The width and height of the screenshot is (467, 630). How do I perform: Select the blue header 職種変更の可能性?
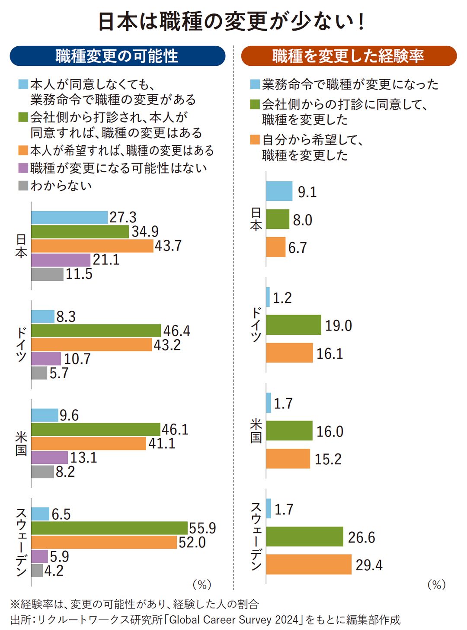coord(117,56)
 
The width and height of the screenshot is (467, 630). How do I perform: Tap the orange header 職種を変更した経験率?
coord(349,56)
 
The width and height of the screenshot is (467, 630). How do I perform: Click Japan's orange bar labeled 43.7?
coord(92,246)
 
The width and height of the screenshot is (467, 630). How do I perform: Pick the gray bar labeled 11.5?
coord(47,274)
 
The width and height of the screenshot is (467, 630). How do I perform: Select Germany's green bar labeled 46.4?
coord(96,331)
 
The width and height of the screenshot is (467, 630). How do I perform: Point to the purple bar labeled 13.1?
coord(49,457)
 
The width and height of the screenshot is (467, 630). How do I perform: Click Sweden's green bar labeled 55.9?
coord(109,528)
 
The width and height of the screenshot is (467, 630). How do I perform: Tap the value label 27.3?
coord(123,217)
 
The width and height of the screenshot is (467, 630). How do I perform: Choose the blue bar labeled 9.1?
coord(279,191)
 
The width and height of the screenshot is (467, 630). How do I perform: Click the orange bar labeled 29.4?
coord(308,564)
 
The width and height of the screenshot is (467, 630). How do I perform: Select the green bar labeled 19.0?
coord(293,325)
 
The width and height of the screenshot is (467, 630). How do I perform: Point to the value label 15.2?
coord(328,459)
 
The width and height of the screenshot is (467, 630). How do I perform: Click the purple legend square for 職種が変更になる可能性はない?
coord(23,168)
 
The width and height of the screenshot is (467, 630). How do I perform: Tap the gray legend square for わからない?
coord(23,186)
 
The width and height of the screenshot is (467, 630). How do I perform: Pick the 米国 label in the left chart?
coord(21,443)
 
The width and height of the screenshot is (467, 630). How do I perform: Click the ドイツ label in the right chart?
coord(256,325)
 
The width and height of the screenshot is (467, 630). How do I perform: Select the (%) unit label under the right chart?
coord(436,585)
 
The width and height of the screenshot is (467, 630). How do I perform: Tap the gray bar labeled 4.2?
coord(37,571)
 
